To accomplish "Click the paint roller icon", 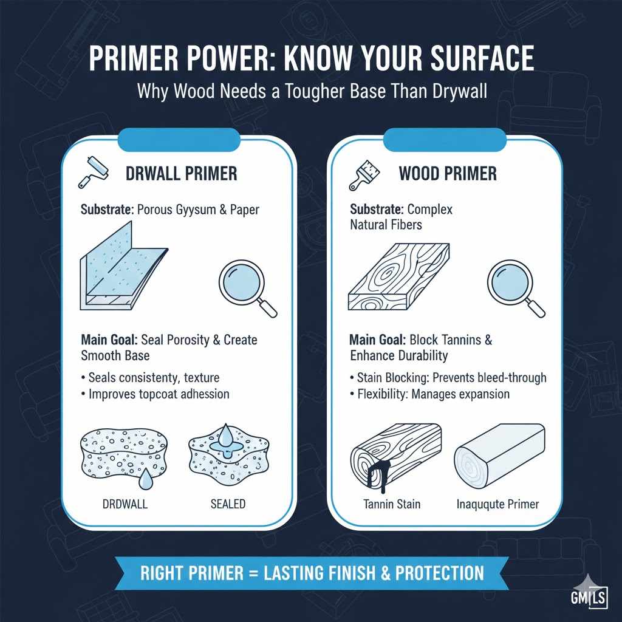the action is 93,172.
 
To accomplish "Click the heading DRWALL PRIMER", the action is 181,174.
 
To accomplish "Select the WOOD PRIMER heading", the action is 448,174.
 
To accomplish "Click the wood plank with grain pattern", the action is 398,276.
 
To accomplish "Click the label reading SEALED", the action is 228,504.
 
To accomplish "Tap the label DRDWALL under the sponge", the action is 125,504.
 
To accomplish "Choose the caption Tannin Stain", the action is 392,504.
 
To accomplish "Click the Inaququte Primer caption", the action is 497,504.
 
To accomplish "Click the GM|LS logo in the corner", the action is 589,595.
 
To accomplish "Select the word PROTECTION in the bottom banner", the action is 440,573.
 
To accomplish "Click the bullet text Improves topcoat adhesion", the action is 159,394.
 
